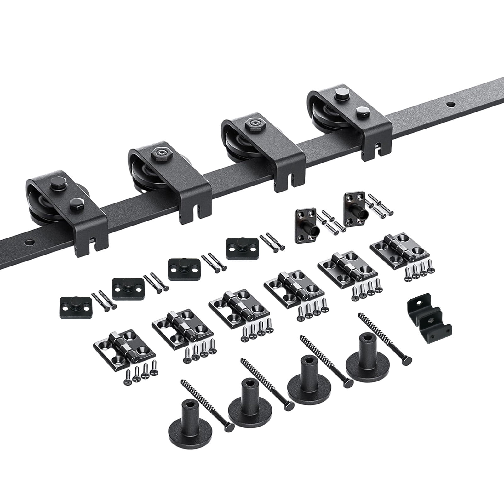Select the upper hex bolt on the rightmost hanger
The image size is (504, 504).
pos(340,93)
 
